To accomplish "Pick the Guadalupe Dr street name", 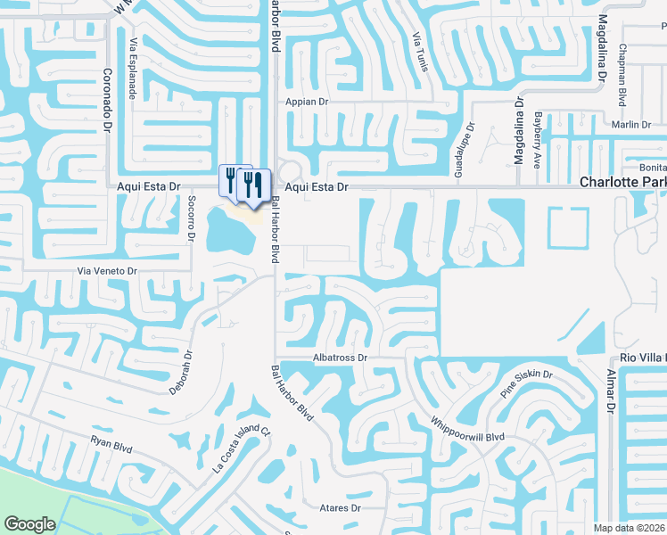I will tap(458, 150).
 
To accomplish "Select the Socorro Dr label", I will tap(191, 219).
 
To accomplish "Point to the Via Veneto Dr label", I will tap(109, 270).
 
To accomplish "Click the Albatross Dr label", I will tap(340, 358).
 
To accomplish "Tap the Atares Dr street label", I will tap(339, 508).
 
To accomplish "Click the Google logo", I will tap(29, 523).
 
